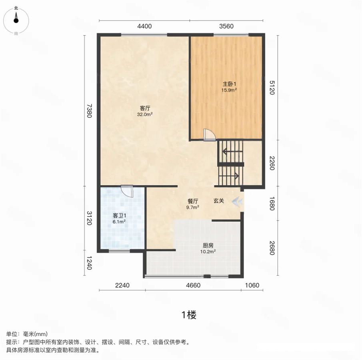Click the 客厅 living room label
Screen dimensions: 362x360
point(145,108)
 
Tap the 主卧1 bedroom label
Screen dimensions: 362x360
point(229,84)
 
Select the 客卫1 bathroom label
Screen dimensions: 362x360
point(119,216)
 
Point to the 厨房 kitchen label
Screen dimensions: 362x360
point(208,246)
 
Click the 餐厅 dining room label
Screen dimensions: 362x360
point(193,201)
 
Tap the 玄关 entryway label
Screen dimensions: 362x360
point(219,201)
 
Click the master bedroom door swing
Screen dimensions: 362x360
point(210,135)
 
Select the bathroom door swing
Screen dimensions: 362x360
point(127,191)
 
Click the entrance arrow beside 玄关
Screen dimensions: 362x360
point(238,201)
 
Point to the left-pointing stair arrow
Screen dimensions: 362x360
point(232,152)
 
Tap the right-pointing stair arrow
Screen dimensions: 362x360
point(229,176)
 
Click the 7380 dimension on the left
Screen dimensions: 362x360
point(89,111)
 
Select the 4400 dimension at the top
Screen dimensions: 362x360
point(144,26)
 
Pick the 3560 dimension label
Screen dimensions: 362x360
point(226,26)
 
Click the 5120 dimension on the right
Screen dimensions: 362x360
point(272,88)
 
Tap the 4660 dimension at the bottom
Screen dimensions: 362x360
point(193,286)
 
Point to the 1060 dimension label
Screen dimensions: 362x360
point(252,286)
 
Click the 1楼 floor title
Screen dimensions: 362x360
point(189,315)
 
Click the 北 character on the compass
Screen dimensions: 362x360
point(16,8)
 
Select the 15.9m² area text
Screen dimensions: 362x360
point(229,90)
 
